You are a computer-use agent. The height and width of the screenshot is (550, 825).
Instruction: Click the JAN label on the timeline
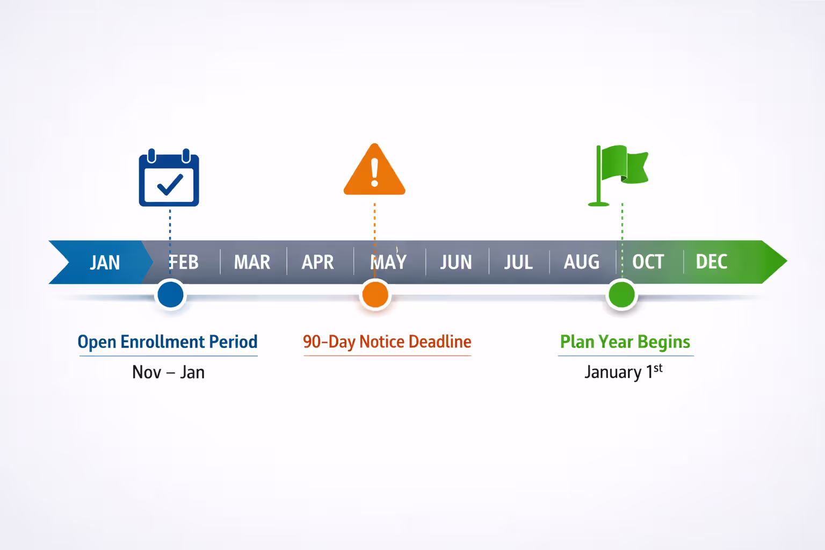(105, 262)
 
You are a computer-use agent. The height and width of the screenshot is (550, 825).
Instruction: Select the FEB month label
(184, 262)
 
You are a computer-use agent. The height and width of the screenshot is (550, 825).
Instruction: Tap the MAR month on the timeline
(252, 262)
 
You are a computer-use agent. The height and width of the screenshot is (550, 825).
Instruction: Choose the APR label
(317, 262)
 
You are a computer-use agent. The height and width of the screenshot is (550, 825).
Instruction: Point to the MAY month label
(388, 262)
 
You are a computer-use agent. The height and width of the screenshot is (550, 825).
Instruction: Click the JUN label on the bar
(456, 262)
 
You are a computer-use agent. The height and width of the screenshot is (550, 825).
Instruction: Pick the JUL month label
(518, 262)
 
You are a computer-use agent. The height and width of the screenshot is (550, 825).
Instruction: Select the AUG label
(582, 262)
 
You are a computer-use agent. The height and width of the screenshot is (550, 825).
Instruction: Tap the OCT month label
(648, 262)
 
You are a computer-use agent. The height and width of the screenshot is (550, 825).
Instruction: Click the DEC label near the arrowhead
(712, 262)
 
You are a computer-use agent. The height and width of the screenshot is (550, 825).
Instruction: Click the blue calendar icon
(169, 178)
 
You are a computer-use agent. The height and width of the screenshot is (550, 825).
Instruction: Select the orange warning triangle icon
(374, 171)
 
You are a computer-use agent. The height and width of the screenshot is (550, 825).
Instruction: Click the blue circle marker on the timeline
(171, 294)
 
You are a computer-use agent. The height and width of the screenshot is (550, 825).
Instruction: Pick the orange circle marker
(375, 294)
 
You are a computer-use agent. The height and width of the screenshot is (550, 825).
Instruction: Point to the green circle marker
(621, 294)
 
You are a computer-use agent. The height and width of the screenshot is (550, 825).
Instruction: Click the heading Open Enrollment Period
(168, 342)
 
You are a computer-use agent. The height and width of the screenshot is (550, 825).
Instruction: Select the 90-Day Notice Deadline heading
(387, 342)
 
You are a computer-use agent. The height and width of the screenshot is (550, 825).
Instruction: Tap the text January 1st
(624, 372)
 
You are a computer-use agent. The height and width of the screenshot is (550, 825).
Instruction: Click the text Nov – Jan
(168, 372)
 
